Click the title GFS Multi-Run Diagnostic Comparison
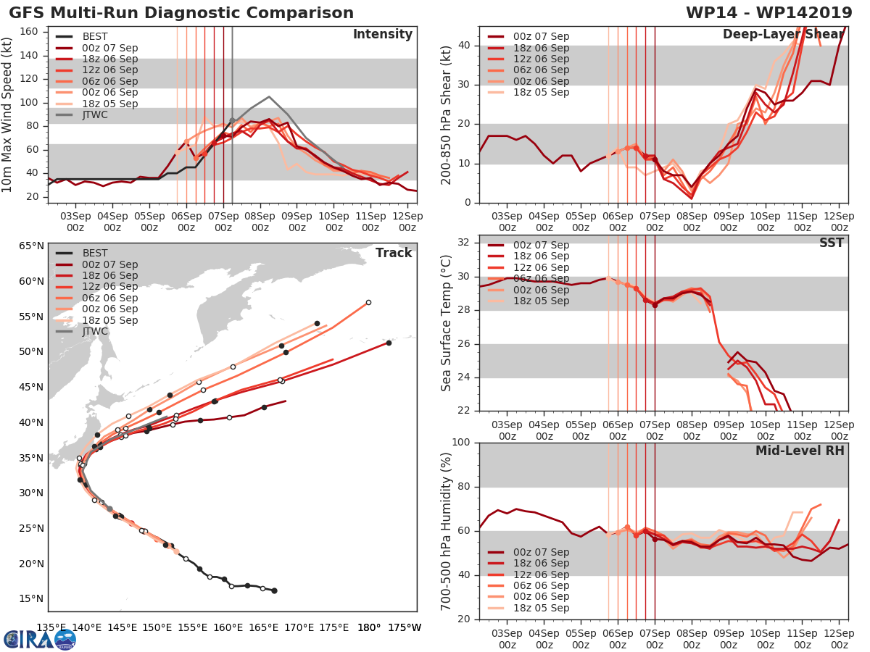point(181,13)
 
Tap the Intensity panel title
point(382,35)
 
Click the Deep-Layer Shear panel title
point(783,35)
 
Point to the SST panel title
point(832,243)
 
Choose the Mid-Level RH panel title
point(800,450)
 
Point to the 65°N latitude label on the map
point(31,246)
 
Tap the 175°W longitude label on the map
point(403,627)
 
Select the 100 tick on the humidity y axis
point(461,443)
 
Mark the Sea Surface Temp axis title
point(447,323)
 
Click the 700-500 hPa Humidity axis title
point(447,531)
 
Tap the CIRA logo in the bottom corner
point(40,639)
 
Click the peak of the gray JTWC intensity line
point(269,96)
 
